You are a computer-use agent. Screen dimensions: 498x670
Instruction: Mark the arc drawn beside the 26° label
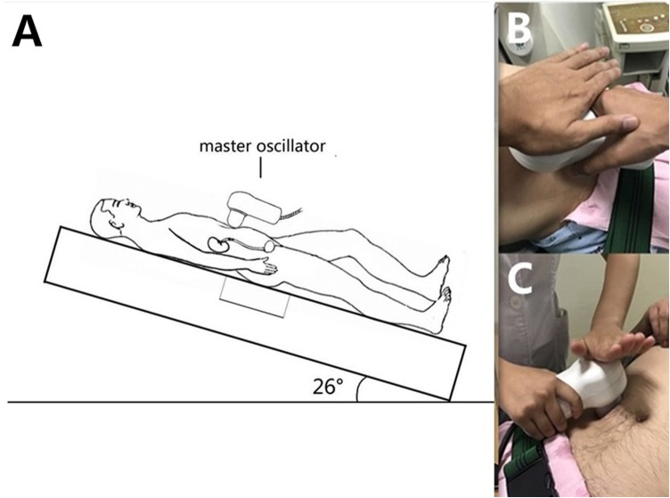[x=358, y=389]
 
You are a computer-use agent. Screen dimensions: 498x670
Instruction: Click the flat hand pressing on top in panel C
[x=605, y=339]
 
